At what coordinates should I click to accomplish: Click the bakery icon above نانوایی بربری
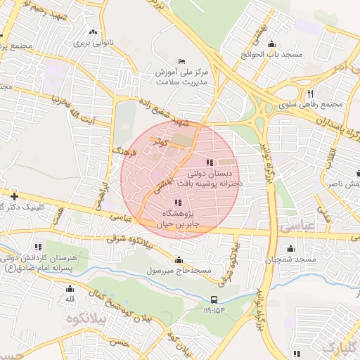tap(93, 32)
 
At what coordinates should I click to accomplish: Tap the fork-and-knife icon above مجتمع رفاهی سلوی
tap(309, 94)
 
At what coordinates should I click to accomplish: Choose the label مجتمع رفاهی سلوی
tap(310, 105)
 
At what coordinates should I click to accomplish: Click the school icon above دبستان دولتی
tap(212, 162)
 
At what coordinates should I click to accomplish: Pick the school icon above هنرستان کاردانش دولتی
tap(38, 247)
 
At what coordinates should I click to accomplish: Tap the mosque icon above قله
tap(70, 289)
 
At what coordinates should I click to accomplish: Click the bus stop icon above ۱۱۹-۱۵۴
tap(214, 300)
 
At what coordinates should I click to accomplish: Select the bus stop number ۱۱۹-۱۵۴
tap(214, 309)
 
